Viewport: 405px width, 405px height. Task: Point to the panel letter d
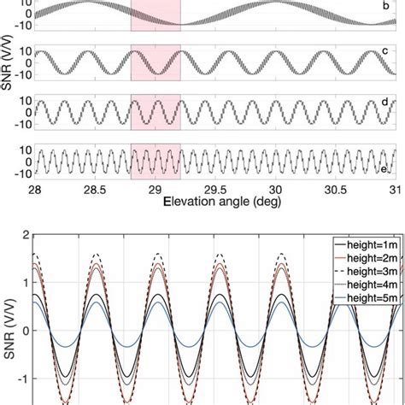386,102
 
